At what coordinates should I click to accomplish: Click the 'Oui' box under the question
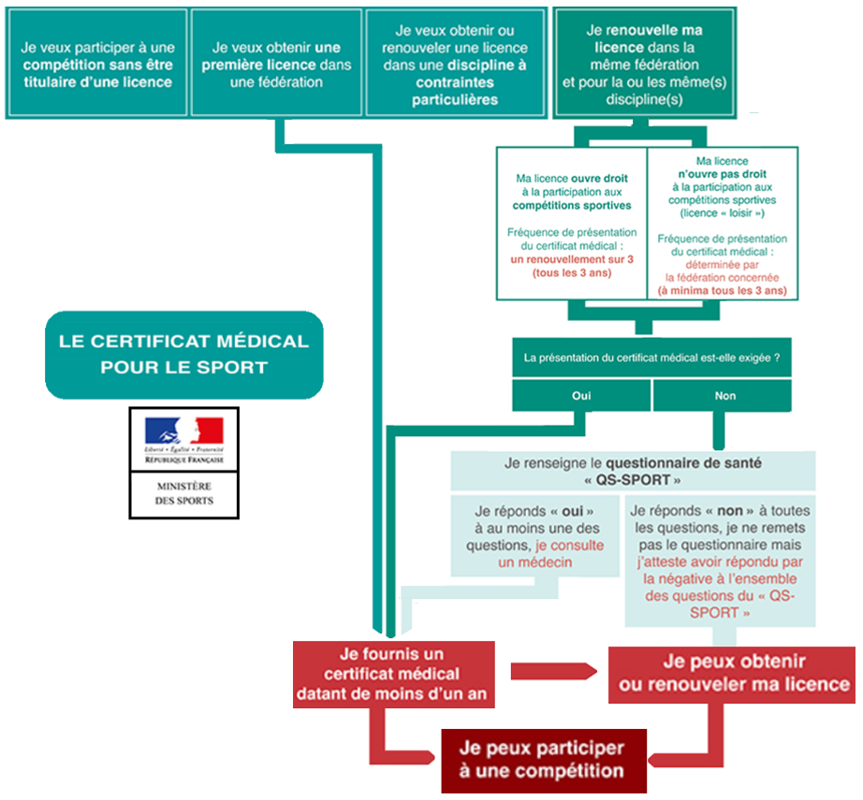[x=580, y=396]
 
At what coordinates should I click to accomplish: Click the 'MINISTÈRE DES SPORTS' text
[x=183, y=493]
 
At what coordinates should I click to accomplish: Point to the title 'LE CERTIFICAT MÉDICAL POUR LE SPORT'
[x=183, y=354]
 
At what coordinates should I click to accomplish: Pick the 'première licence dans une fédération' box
[x=275, y=65]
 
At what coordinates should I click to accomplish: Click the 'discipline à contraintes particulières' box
[x=455, y=65]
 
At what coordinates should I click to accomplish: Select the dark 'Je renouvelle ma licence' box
[x=644, y=65]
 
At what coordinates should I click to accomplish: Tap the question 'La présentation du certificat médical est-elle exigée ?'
[x=651, y=357]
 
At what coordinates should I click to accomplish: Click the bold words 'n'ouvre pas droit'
[x=722, y=173]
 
